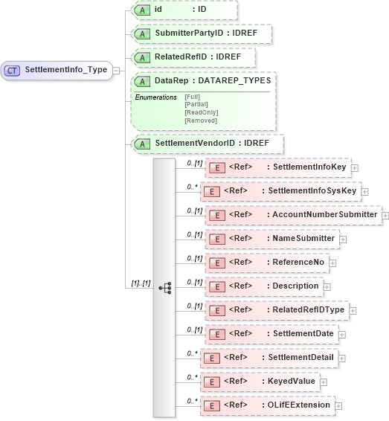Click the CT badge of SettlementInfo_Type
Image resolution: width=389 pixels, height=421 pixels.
(x=13, y=71)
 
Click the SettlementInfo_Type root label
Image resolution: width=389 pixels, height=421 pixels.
(x=66, y=71)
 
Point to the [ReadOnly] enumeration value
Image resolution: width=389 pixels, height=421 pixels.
(x=201, y=112)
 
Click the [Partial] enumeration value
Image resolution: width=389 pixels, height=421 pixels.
(x=196, y=104)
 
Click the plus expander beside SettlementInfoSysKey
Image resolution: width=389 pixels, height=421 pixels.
(x=364, y=191)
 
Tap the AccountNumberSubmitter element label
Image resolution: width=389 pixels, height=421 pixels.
(x=325, y=215)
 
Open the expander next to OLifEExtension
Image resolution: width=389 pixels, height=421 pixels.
(x=338, y=405)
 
